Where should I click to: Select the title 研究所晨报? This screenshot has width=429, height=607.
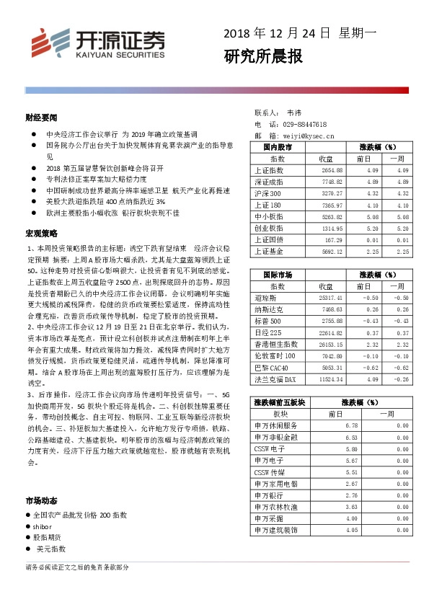(263, 56)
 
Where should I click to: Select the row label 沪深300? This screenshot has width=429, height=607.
(267, 193)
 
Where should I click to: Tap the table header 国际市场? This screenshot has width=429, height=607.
(273, 275)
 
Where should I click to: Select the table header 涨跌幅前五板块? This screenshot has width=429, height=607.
(280, 402)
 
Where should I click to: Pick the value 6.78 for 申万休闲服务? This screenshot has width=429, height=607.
(353, 425)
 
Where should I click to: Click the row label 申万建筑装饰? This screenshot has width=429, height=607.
(275, 530)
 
